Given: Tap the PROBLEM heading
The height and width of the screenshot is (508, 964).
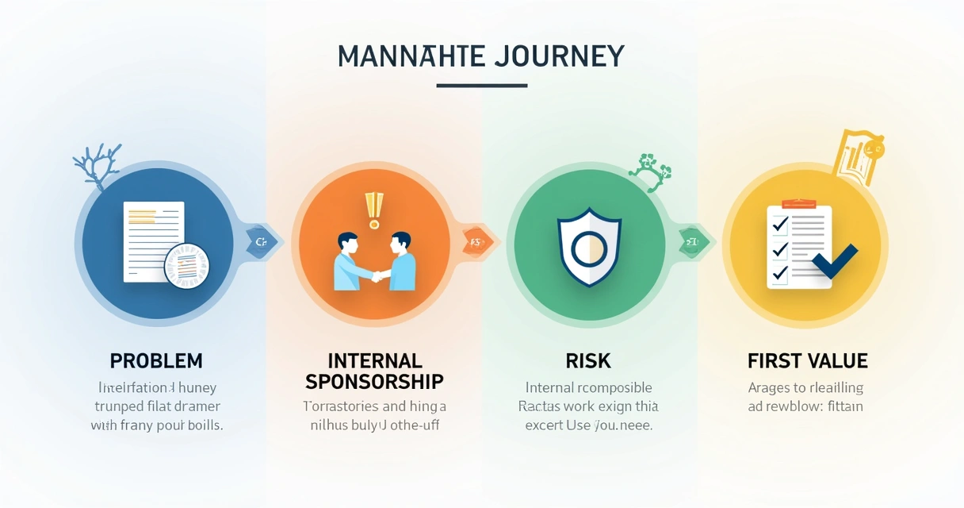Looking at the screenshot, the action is (156, 360).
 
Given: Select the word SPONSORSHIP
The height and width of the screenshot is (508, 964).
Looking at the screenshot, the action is (374, 381).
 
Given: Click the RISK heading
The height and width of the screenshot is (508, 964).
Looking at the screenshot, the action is (588, 361).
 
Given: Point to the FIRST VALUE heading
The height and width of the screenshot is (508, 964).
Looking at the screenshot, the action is (807, 361).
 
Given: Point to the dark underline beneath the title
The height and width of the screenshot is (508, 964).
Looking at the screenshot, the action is (481, 86).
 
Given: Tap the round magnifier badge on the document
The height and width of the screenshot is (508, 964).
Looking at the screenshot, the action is (186, 265).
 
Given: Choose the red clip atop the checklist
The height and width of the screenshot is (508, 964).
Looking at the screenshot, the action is (798, 204).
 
